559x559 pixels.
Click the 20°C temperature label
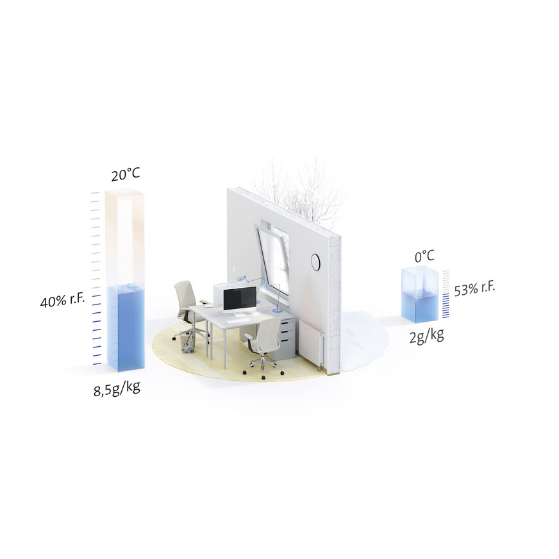click(x=125, y=174)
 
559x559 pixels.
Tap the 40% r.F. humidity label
click(x=62, y=302)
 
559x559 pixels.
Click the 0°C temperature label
click(x=424, y=257)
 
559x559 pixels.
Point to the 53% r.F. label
click(x=474, y=288)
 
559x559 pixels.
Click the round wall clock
click(x=316, y=262)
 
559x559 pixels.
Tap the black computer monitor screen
click(x=239, y=299)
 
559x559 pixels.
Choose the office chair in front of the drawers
click(x=266, y=343)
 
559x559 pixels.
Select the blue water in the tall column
click(x=126, y=327)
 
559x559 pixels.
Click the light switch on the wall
click(x=234, y=270)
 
